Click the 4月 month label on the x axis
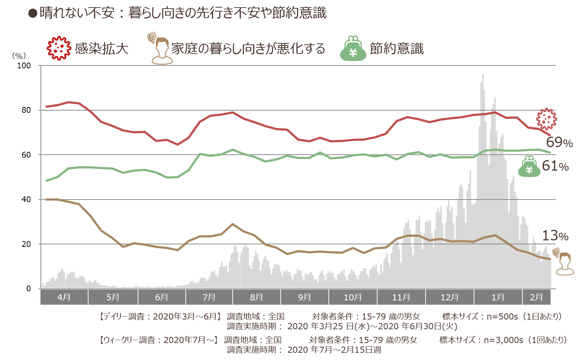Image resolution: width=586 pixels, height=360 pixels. [64, 297]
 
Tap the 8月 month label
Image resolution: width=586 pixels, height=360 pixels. [257, 297]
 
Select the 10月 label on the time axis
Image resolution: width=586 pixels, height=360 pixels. [353, 297]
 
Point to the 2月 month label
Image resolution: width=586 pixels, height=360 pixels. [537, 297]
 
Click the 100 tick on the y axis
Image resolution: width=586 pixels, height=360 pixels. [24, 65]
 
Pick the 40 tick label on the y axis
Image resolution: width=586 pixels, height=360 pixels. [26, 200]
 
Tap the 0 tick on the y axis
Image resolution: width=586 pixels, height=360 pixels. [29, 288]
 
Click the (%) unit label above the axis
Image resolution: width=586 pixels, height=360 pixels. [19, 56]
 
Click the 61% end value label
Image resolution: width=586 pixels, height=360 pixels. [555, 166]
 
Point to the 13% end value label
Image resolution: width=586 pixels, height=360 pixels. [555, 235]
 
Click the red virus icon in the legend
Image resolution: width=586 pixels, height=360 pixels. [59, 48]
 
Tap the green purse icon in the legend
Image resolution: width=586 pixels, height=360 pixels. [353, 48]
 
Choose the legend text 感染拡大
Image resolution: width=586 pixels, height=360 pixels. [102, 49]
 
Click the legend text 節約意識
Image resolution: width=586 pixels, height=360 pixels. [397, 49]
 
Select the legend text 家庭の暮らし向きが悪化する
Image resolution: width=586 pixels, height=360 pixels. [248, 49]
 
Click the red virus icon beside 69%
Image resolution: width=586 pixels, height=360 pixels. [546, 119]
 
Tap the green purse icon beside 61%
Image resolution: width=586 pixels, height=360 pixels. [529, 167]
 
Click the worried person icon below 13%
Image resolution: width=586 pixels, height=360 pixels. [564, 262]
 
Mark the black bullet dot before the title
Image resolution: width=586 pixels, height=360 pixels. [33, 13]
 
